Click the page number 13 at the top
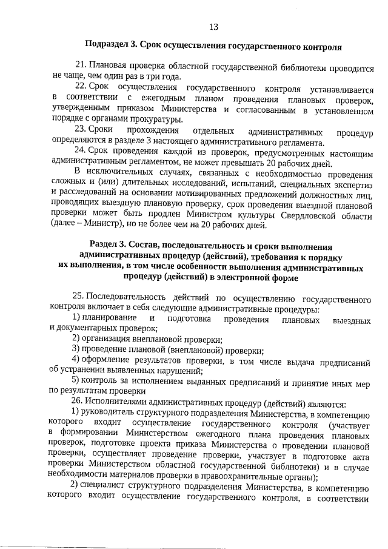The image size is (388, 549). point(213,27)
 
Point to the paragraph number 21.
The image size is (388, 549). point(79,66)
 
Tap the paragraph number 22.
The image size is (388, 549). point(79,87)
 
